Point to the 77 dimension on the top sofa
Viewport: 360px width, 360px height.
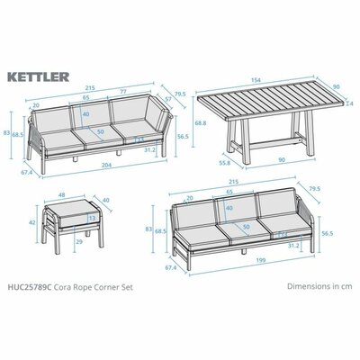click(x=135, y=92)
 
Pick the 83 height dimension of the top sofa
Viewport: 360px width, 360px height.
click(x=8, y=132)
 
